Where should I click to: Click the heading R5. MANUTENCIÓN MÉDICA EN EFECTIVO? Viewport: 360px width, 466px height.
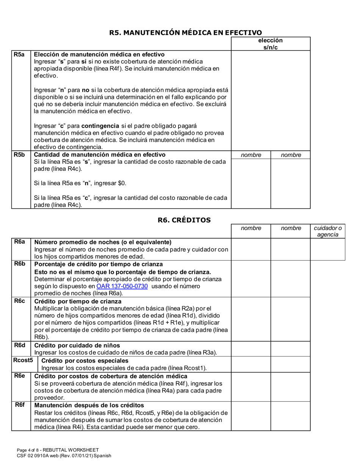click(x=185, y=33)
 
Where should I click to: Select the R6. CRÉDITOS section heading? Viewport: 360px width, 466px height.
click(x=184, y=220)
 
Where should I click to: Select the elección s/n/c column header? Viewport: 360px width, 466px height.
click(x=270, y=44)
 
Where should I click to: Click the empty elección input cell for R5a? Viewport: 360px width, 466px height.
click(x=270, y=100)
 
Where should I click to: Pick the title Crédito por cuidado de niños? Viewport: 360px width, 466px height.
click(x=77, y=345)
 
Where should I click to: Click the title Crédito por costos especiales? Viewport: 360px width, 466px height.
click(x=85, y=360)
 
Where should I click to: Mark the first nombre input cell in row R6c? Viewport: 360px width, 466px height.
click(x=250, y=319)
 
